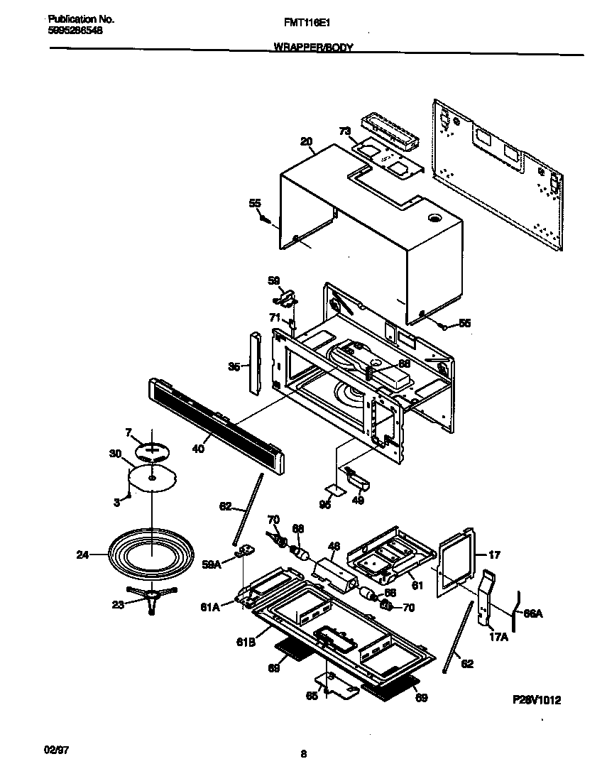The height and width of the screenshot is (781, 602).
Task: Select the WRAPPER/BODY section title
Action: click(x=312, y=48)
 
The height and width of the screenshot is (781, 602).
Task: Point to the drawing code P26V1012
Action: click(x=537, y=699)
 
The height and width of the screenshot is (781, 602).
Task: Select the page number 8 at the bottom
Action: click(x=303, y=754)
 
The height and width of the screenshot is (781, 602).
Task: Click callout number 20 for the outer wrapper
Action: click(x=306, y=141)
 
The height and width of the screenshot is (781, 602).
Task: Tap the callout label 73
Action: click(x=344, y=131)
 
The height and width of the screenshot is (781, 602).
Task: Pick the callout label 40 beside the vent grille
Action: click(x=198, y=449)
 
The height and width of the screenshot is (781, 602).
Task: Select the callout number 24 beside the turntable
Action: click(x=83, y=555)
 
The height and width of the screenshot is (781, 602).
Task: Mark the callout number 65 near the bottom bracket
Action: click(x=312, y=697)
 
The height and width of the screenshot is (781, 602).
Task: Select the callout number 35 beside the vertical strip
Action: click(x=233, y=367)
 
